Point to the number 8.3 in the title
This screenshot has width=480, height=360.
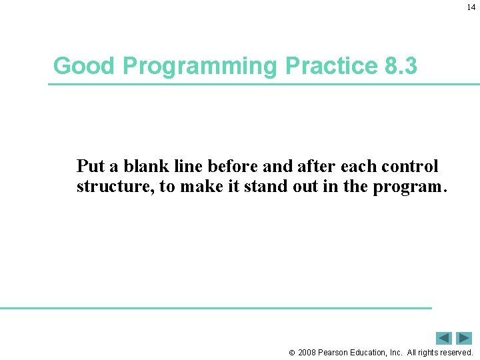tap(401, 66)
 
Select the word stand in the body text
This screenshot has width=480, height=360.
tap(265, 187)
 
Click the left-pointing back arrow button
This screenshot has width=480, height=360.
tap(444, 338)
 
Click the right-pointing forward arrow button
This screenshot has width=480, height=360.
tap(464, 338)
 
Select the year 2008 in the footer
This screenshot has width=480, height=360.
tap(307, 352)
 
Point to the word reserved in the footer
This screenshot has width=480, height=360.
tap(456, 352)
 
